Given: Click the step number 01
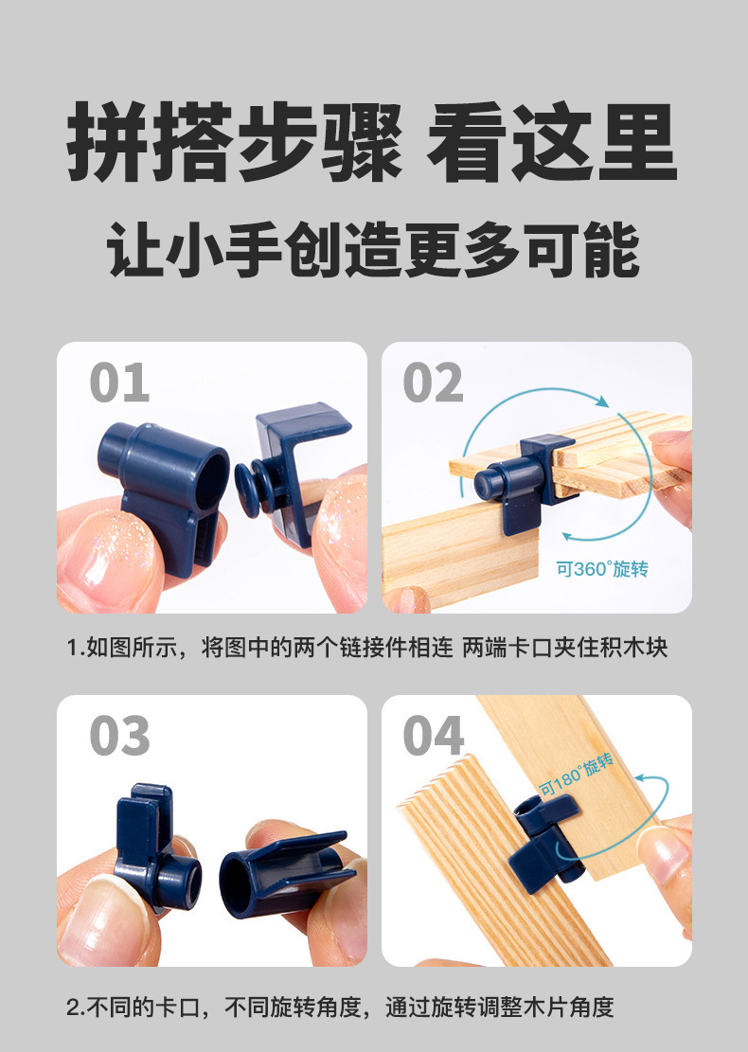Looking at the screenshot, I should point(119,383).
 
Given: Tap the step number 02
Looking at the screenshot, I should point(433,383).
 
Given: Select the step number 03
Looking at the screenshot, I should point(119,736).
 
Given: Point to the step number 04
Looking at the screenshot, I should point(434,736).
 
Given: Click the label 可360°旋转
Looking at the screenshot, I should point(602,569).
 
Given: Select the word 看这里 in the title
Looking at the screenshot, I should point(551,144).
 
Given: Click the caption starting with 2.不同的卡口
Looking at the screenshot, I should point(341,1007).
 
